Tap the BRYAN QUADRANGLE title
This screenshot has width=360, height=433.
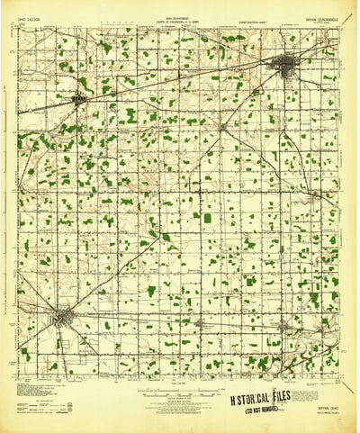pyautogui.click(x=307, y=17)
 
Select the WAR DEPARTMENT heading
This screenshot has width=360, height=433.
pyautogui.click(x=179, y=12)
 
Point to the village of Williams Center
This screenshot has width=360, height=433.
pyautogui.click(x=222, y=127)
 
